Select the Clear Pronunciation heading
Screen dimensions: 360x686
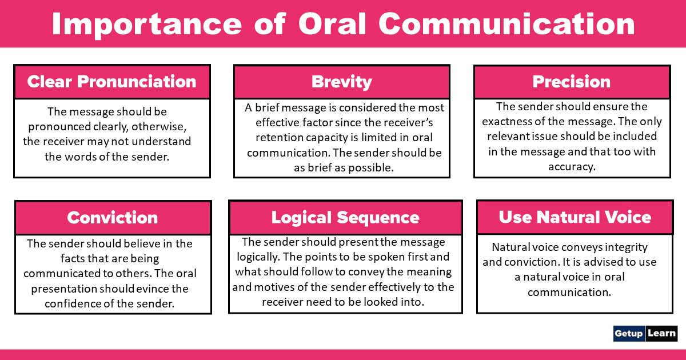pos(111,81)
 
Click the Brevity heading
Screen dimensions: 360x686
pos(341,82)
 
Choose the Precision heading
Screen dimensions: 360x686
pos(571,82)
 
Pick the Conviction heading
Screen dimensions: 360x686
pos(112,217)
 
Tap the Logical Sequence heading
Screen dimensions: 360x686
pos(345,217)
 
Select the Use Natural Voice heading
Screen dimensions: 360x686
pos(575,217)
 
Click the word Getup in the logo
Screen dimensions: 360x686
pos(629,333)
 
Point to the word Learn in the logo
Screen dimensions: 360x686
pos(662,333)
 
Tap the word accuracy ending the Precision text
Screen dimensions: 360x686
pos(572,166)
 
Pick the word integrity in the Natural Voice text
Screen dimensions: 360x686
pos(621,247)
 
